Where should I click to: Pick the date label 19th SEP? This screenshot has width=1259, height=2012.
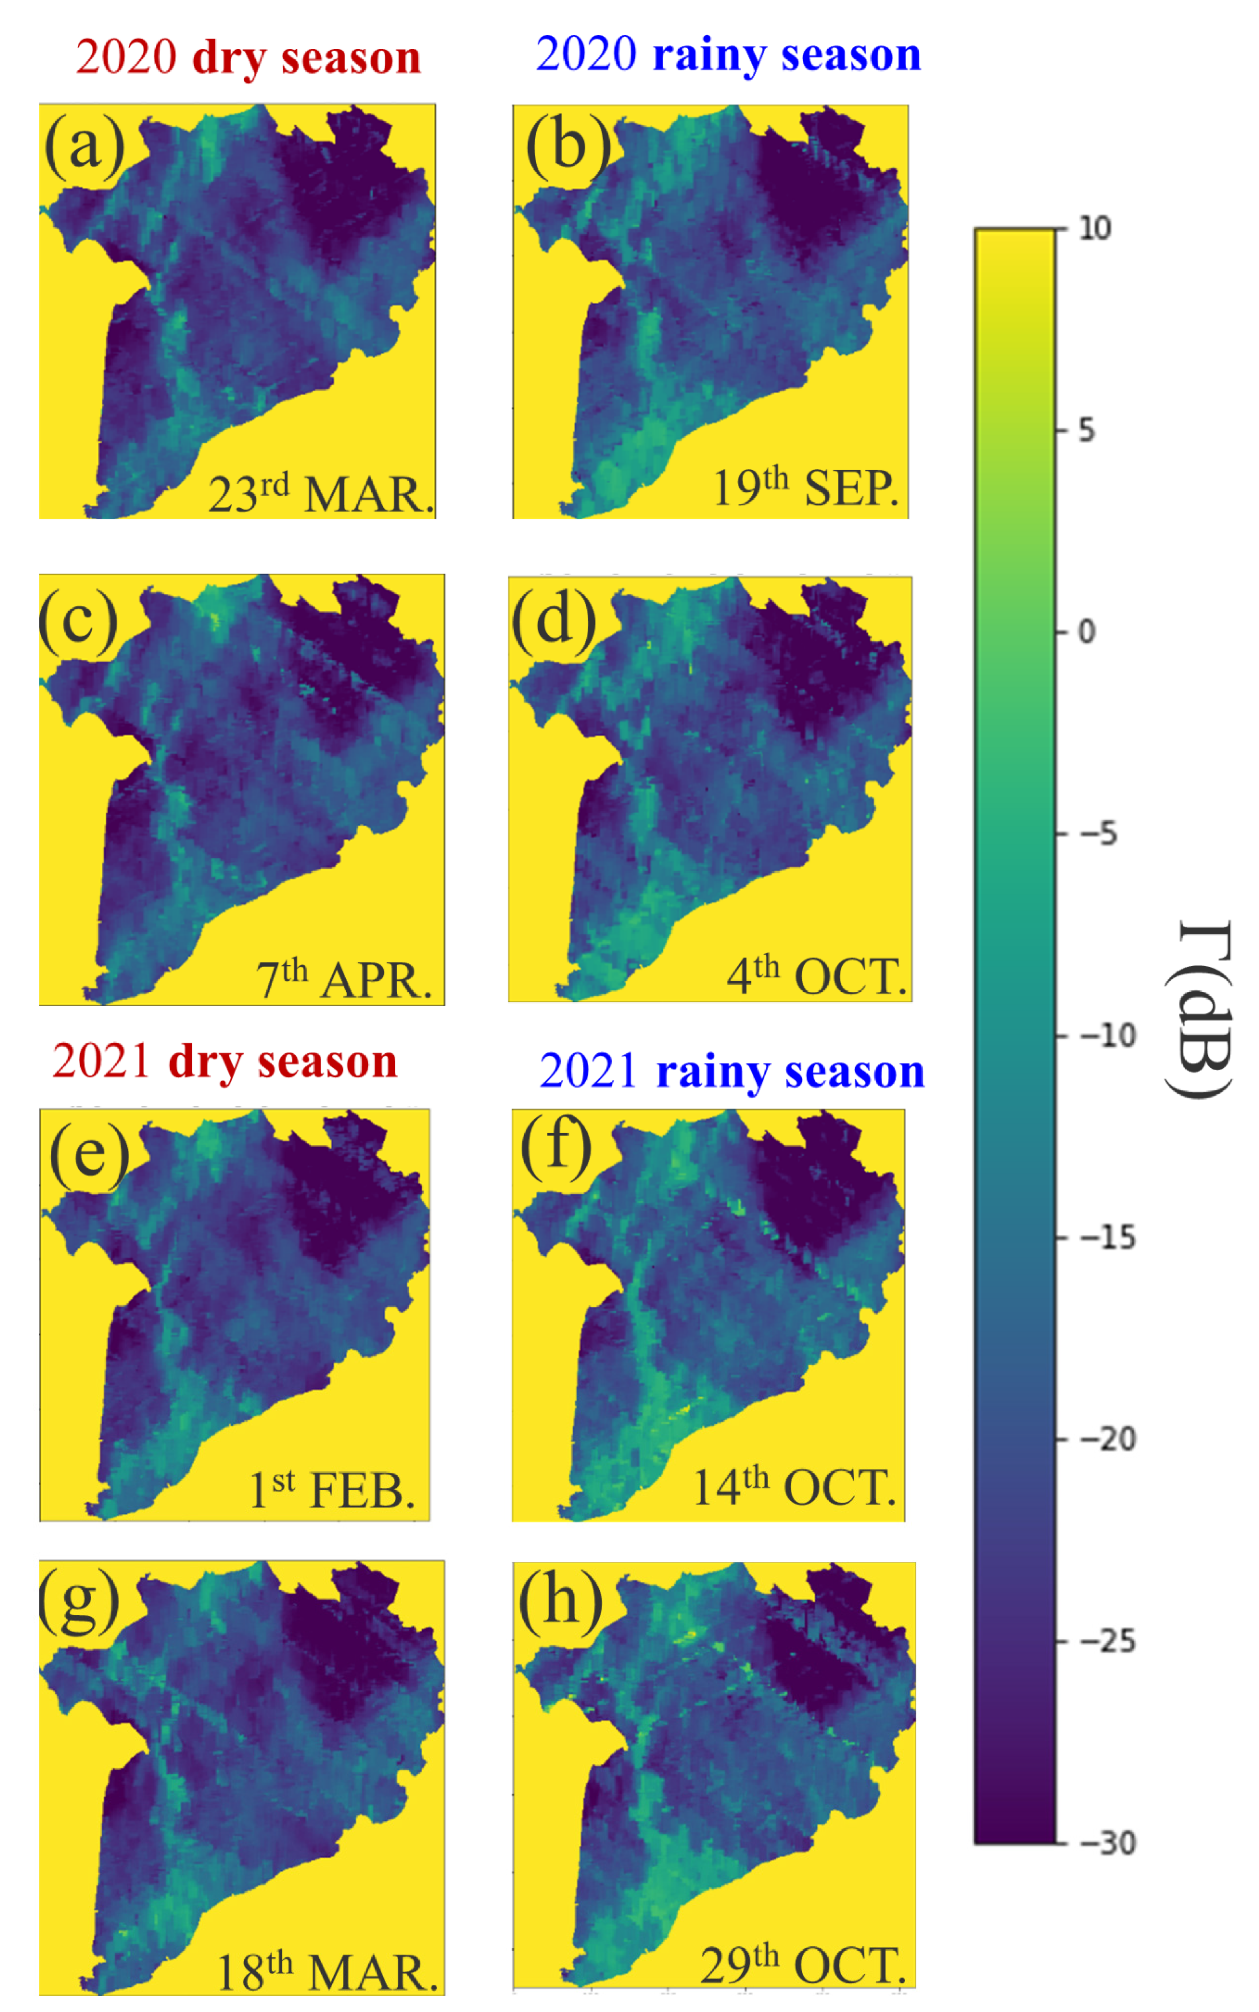pos(805,487)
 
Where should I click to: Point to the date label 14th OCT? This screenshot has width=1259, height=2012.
pos(794,1487)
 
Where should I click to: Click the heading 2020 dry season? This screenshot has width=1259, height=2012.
pos(248,58)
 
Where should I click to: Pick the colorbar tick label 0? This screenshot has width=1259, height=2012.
pos(1087,632)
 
